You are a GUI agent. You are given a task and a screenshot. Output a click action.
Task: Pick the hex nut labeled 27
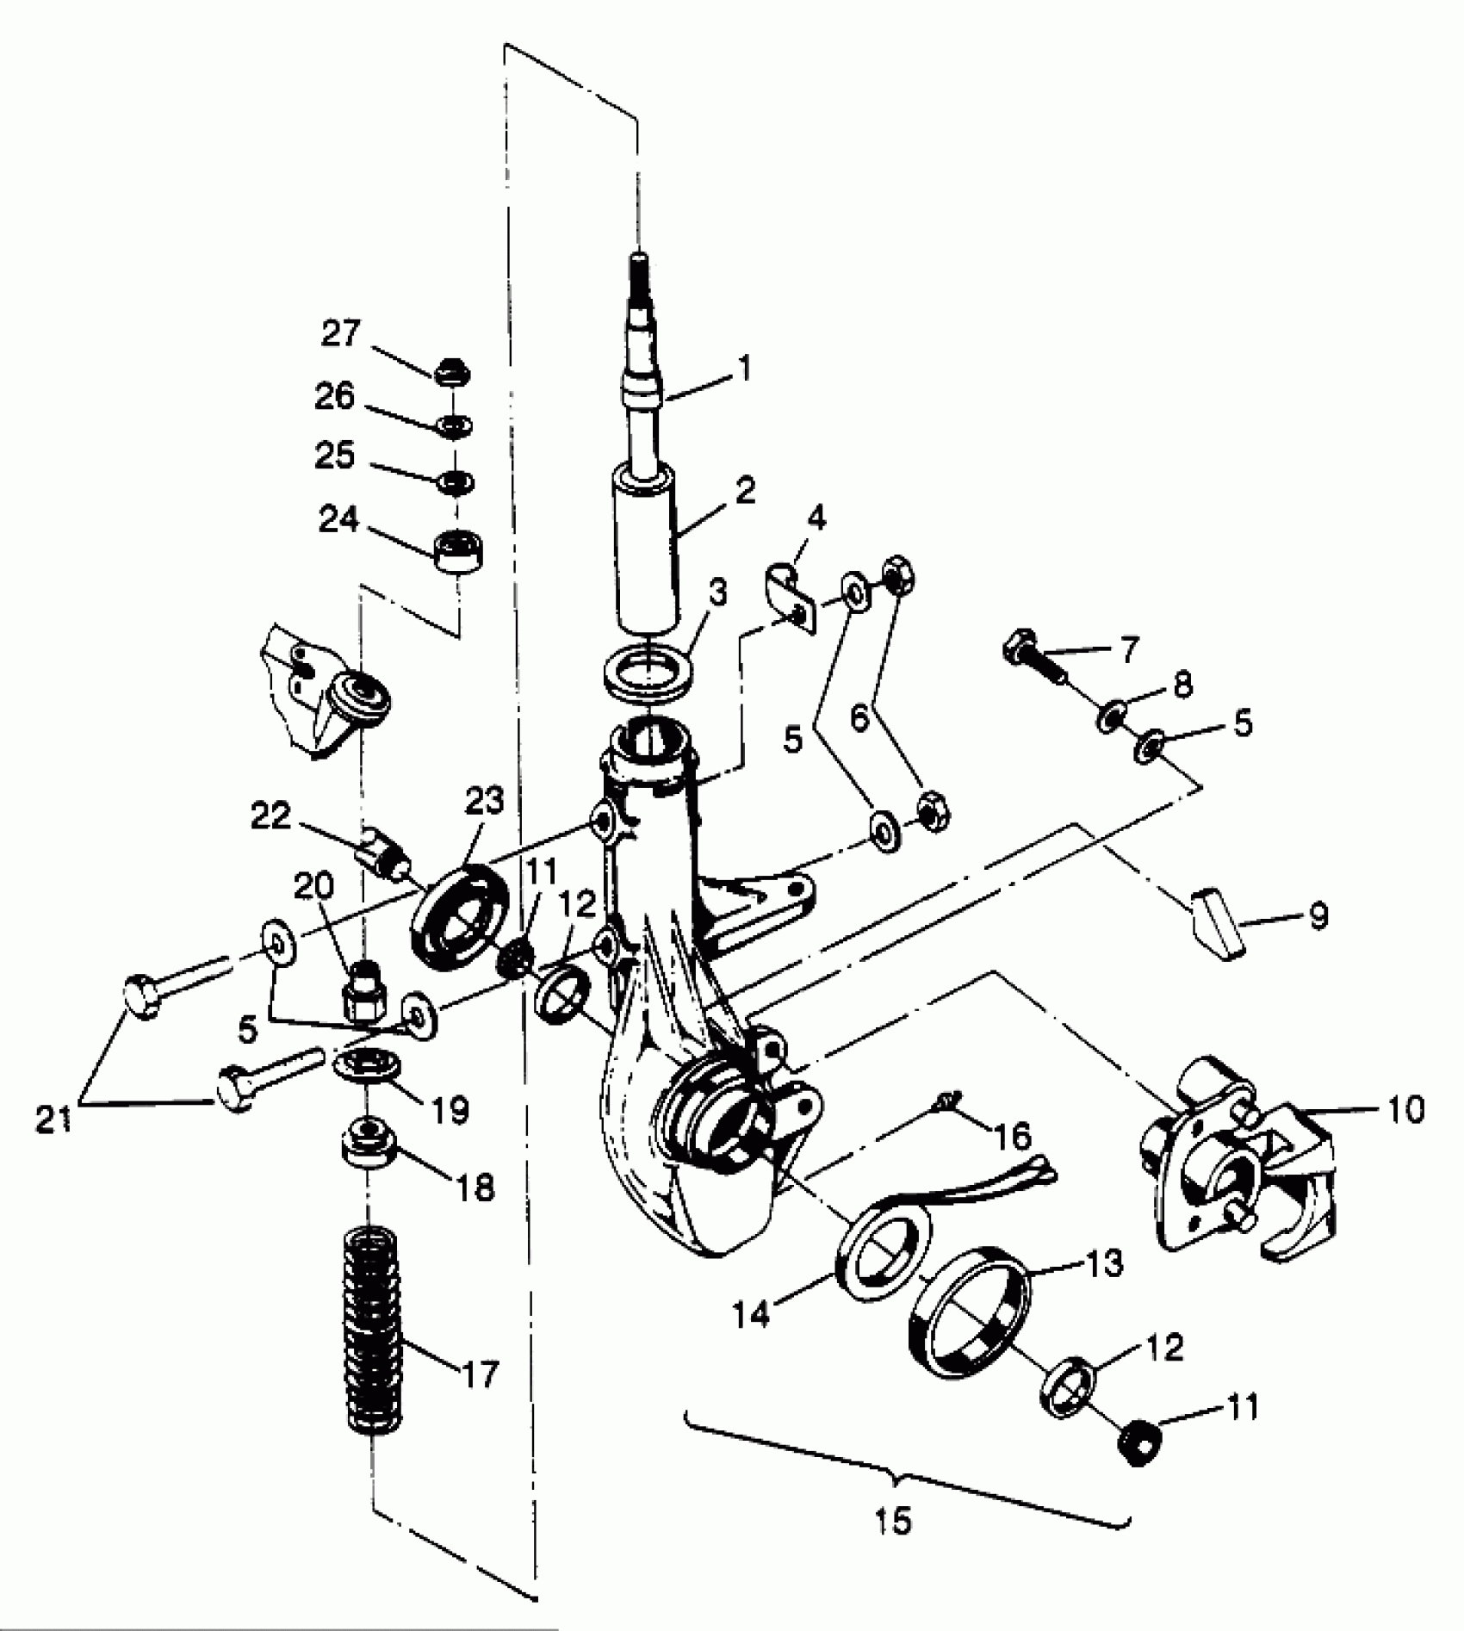[453, 373]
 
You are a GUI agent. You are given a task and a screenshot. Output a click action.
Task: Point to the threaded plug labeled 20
[363, 992]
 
